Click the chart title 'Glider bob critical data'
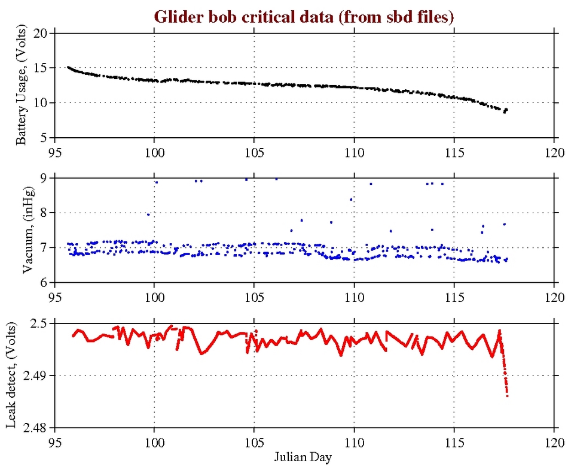pos(305,17)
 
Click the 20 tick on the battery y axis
pos(41,34)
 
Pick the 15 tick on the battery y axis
pos(41,68)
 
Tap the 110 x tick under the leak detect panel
pos(354,439)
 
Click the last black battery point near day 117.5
pos(506,110)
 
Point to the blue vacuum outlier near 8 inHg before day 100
pos(148,214)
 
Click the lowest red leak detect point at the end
pos(507,395)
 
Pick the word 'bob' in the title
pos(216,17)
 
